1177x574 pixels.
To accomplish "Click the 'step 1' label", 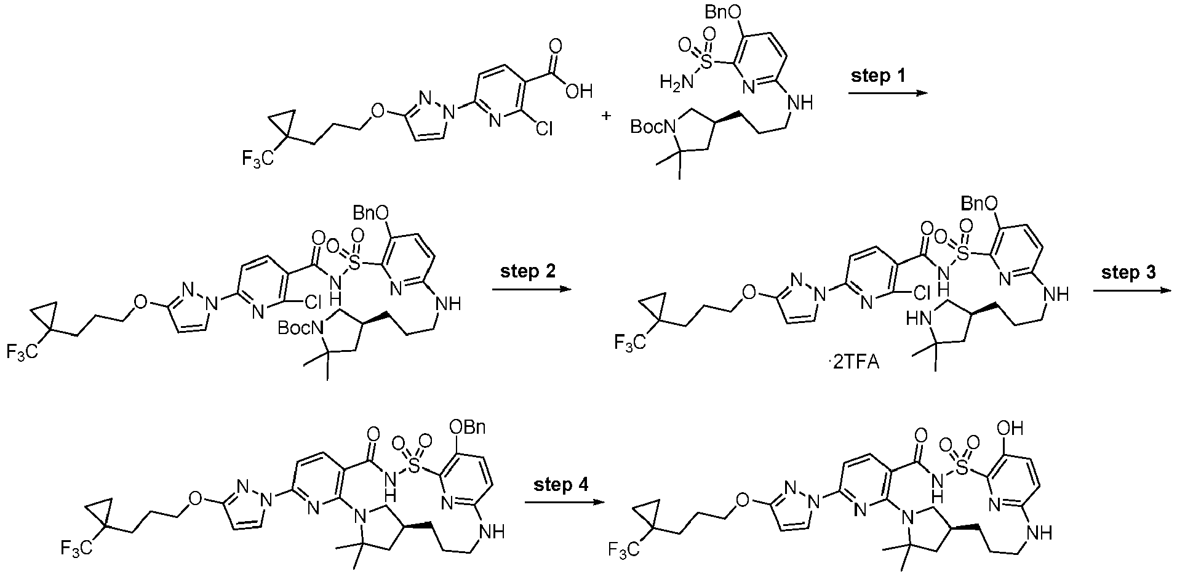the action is tap(879, 76).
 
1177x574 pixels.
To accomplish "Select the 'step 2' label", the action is tap(528, 272).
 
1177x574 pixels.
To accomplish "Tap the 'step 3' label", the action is tap(1128, 272).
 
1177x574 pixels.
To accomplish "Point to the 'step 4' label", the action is tap(561, 485).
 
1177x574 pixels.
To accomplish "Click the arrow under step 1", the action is tap(887, 94).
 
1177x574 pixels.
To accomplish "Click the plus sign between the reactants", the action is tap(607, 115).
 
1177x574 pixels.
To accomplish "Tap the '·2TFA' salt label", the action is tap(854, 363).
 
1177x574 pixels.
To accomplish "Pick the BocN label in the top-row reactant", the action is tap(652, 127).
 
